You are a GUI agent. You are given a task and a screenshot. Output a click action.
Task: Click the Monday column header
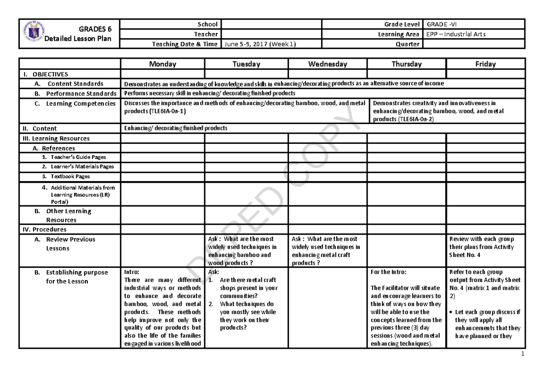[x=162, y=64]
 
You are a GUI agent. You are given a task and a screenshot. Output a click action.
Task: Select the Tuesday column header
[x=246, y=64]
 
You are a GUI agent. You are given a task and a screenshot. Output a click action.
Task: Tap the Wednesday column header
[x=328, y=64]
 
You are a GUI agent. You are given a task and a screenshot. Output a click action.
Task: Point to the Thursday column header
[x=406, y=64]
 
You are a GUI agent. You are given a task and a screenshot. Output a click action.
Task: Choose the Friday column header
[x=485, y=64]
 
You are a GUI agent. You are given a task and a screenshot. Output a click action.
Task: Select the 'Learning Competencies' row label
[x=80, y=104]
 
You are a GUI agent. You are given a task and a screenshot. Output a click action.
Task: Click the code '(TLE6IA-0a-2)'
[x=414, y=119]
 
